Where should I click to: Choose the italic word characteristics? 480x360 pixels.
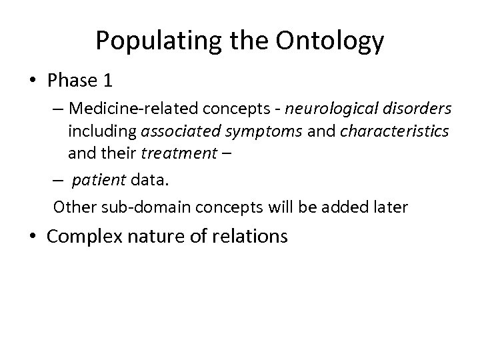click(394, 131)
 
